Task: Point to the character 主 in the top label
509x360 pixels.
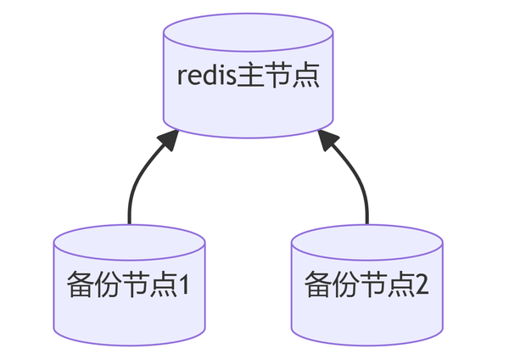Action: (x=251, y=75)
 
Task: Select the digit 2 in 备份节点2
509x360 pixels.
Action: (x=422, y=283)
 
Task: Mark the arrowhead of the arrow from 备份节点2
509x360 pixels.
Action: (x=328, y=142)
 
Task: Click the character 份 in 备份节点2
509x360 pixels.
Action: (x=345, y=283)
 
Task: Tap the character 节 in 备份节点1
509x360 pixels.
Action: (x=135, y=283)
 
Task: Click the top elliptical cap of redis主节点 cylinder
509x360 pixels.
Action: (x=248, y=34)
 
